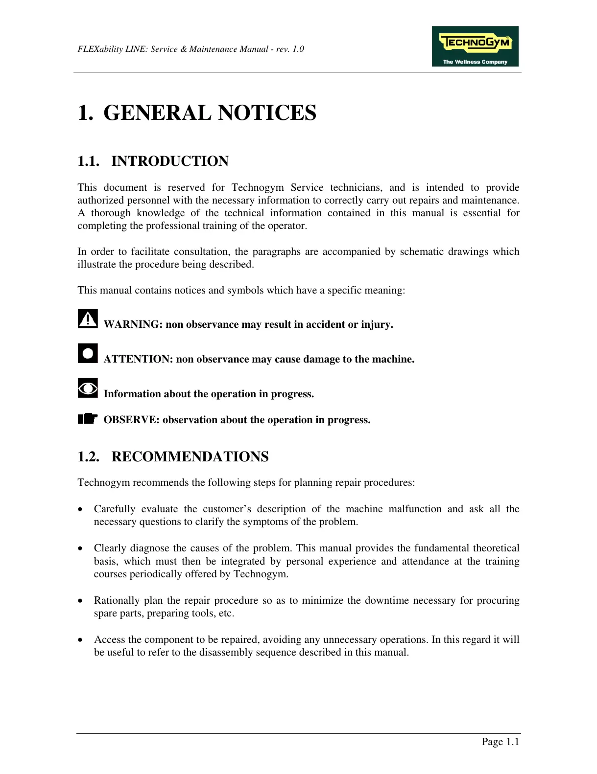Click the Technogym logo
pyautogui.click(x=475, y=46)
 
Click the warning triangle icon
pyautogui.click(x=88, y=319)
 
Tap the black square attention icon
pyautogui.click(x=88, y=353)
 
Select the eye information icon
pyautogui.click(x=88, y=388)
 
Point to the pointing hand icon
pyautogui.click(x=88, y=419)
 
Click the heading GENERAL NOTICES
pyautogui.click(x=210, y=113)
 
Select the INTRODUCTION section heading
pyautogui.click(x=169, y=161)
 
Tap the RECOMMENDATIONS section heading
pyautogui.click(x=190, y=456)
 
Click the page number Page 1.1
pyautogui.click(x=500, y=742)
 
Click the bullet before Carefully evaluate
pyautogui.click(x=81, y=509)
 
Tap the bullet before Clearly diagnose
pyautogui.click(x=81, y=548)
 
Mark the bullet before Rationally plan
pyautogui.click(x=81, y=601)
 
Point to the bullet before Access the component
pyautogui.click(x=81, y=640)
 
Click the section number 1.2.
pyautogui.click(x=88, y=456)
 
